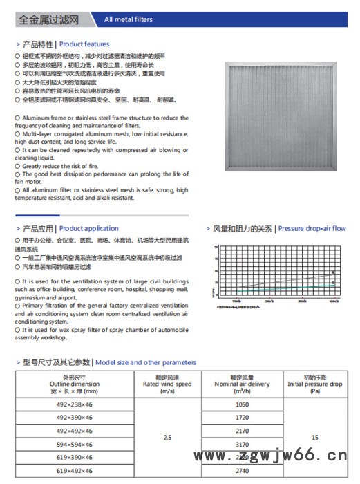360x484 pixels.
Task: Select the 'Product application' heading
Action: pos(88,228)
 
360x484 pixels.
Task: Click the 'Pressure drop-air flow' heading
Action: pos(312,228)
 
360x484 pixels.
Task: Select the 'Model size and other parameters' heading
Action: pos(145,362)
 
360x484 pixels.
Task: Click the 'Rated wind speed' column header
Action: pos(167,384)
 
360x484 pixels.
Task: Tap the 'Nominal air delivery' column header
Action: pos(242,384)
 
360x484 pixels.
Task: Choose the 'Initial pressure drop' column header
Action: pos(314,384)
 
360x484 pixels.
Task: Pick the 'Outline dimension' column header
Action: pos(74,384)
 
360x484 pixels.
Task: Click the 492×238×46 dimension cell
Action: pos(74,404)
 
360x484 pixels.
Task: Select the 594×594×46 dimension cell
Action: pos(74,444)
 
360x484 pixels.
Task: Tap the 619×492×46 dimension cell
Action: pos(74,470)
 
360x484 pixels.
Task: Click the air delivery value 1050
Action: pos(242,404)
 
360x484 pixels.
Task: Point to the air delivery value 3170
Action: pos(242,444)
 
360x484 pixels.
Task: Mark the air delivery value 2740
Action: pos(242,470)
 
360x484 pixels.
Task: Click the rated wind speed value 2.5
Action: pos(167,437)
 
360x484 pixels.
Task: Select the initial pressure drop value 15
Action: pos(314,437)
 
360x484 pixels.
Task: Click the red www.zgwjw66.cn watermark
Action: pos(269,456)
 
